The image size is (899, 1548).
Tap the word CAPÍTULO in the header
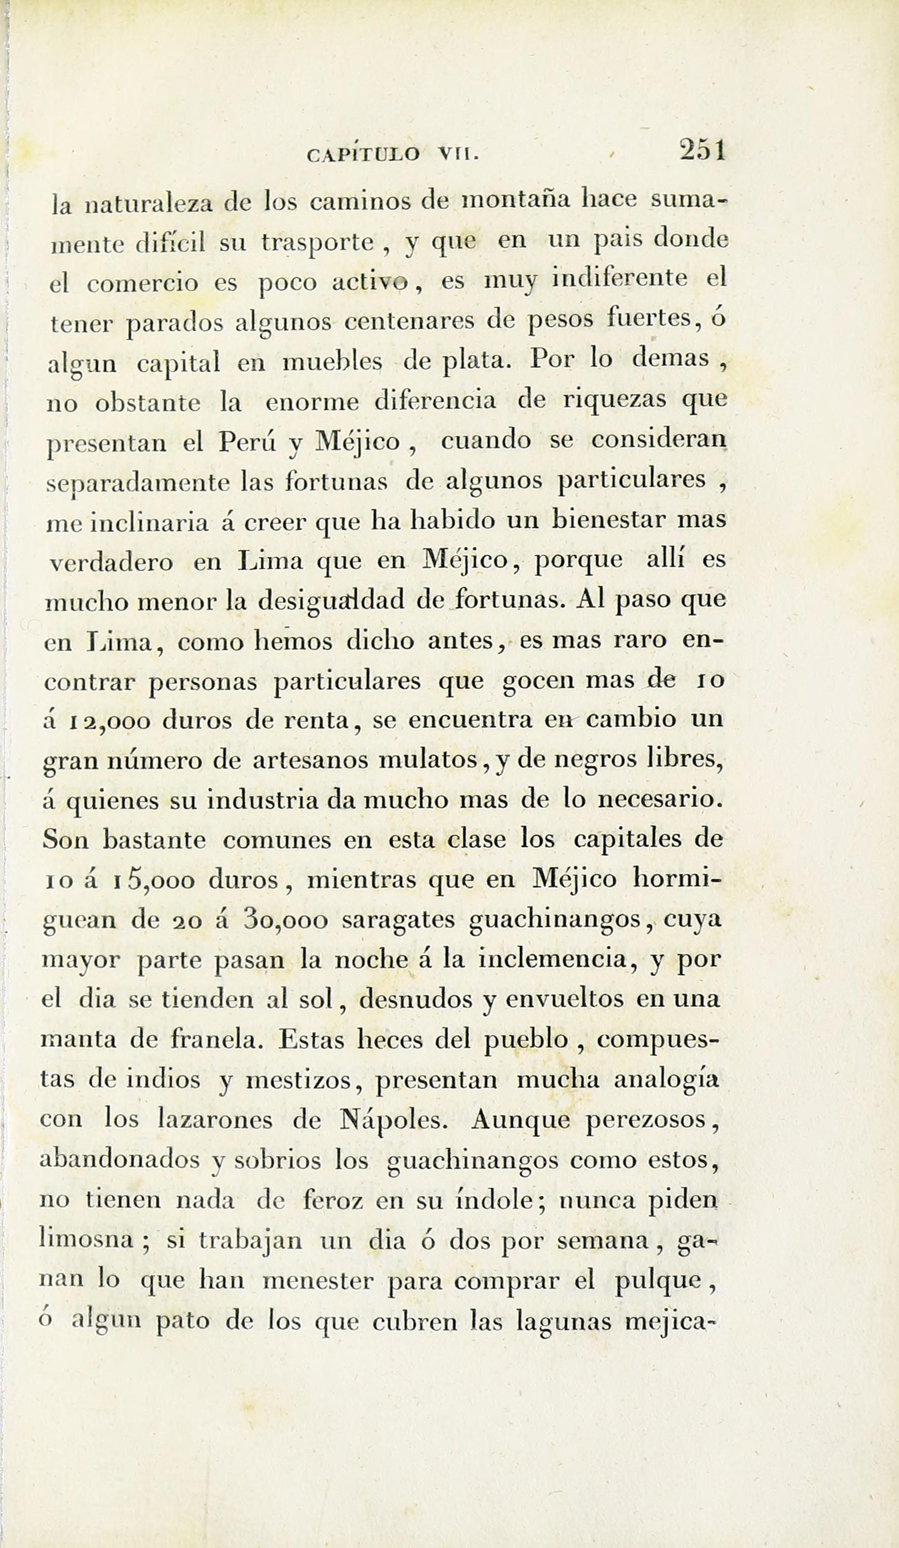click(363, 153)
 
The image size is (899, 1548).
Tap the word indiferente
click(619, 279)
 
